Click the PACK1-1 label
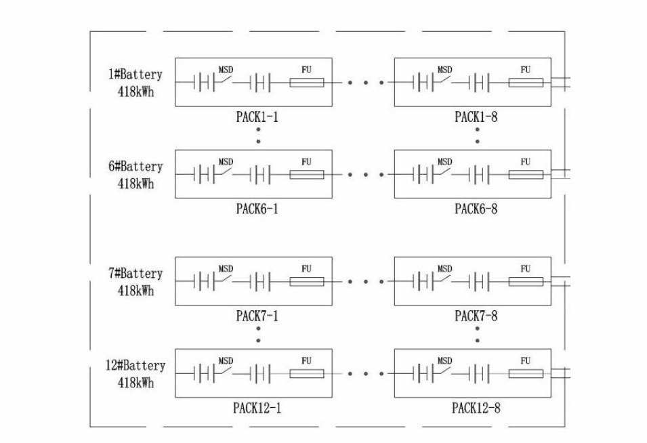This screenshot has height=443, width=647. tap(257, 117)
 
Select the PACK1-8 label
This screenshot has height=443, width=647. tap(476, 117)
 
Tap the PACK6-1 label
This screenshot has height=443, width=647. tap(257, 209)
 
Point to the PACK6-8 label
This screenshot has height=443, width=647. tap(476, 209)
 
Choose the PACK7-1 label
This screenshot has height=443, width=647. tap(257, 316)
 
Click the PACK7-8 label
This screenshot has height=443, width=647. tap(476, 316)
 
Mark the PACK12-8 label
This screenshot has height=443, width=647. tap(476, 408)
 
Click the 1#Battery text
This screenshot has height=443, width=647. tap(135, 75)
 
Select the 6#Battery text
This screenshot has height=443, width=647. tap(135, 167)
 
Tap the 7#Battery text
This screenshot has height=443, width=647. tap(135, 274)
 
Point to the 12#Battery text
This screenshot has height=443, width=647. tap(135, 366)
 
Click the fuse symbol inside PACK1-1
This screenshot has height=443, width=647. tap(307, 83)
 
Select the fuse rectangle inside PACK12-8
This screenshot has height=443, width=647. tap(526, 373)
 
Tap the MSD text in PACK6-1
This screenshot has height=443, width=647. tap(226, 162)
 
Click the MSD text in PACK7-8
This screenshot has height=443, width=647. tap(444, 269)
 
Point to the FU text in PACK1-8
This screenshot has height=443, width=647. tap(526, 70)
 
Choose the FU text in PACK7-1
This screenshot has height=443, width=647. tap(307, 269)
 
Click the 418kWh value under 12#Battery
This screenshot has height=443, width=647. tap(135, 383)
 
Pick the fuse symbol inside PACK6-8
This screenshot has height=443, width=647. tap(526, 175)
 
